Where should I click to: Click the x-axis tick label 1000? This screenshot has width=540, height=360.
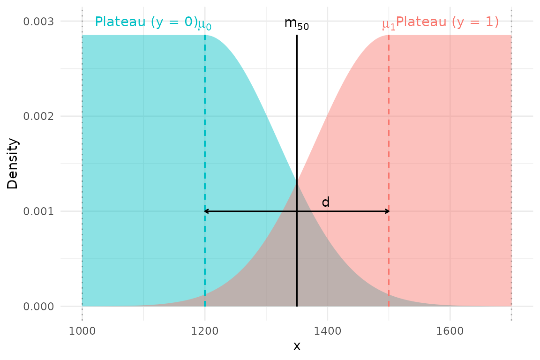(82, 331)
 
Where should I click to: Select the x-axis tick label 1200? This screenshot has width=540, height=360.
(205, 331)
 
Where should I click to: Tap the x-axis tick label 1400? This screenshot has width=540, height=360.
(327, 331)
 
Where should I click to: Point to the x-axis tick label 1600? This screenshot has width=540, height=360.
(450, 331)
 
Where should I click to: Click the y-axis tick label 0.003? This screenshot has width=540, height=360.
(38, 22)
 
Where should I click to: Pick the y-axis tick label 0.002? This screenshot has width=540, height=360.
(38, 116)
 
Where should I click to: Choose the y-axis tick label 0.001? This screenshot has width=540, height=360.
(38, 211)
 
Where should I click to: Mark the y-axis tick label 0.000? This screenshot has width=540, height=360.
(38, 306)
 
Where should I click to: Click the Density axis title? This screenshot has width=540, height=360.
(13, 163)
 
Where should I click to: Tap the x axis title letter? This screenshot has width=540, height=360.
(297, 346)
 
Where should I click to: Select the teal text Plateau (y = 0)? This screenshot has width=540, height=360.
(146, 22)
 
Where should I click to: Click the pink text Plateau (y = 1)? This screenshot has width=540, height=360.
(447, 22)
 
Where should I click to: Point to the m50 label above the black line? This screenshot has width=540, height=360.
(297, 23)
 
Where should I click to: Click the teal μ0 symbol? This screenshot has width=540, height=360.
(204, 24)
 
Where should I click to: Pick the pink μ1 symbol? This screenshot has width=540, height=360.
(389, 24)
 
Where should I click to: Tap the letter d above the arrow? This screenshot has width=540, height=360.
(326, 202)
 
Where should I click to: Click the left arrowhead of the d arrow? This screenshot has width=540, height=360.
(206, 211)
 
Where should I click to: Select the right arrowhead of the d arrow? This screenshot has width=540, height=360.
(387, 211)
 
